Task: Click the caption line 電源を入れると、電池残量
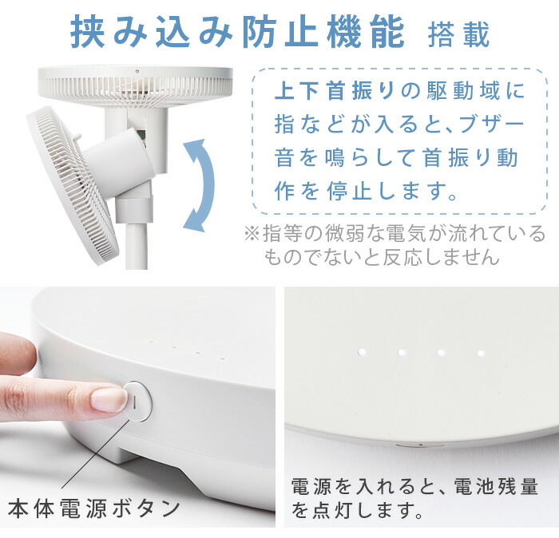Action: tap(414, 485)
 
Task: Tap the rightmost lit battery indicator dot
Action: tap(480, 352)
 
